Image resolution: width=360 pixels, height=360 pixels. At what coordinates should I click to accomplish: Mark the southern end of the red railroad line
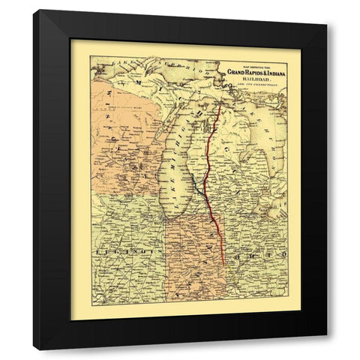[x=223, y=264]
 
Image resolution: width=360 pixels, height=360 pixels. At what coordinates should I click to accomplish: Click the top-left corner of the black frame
[x=34, y=11]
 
